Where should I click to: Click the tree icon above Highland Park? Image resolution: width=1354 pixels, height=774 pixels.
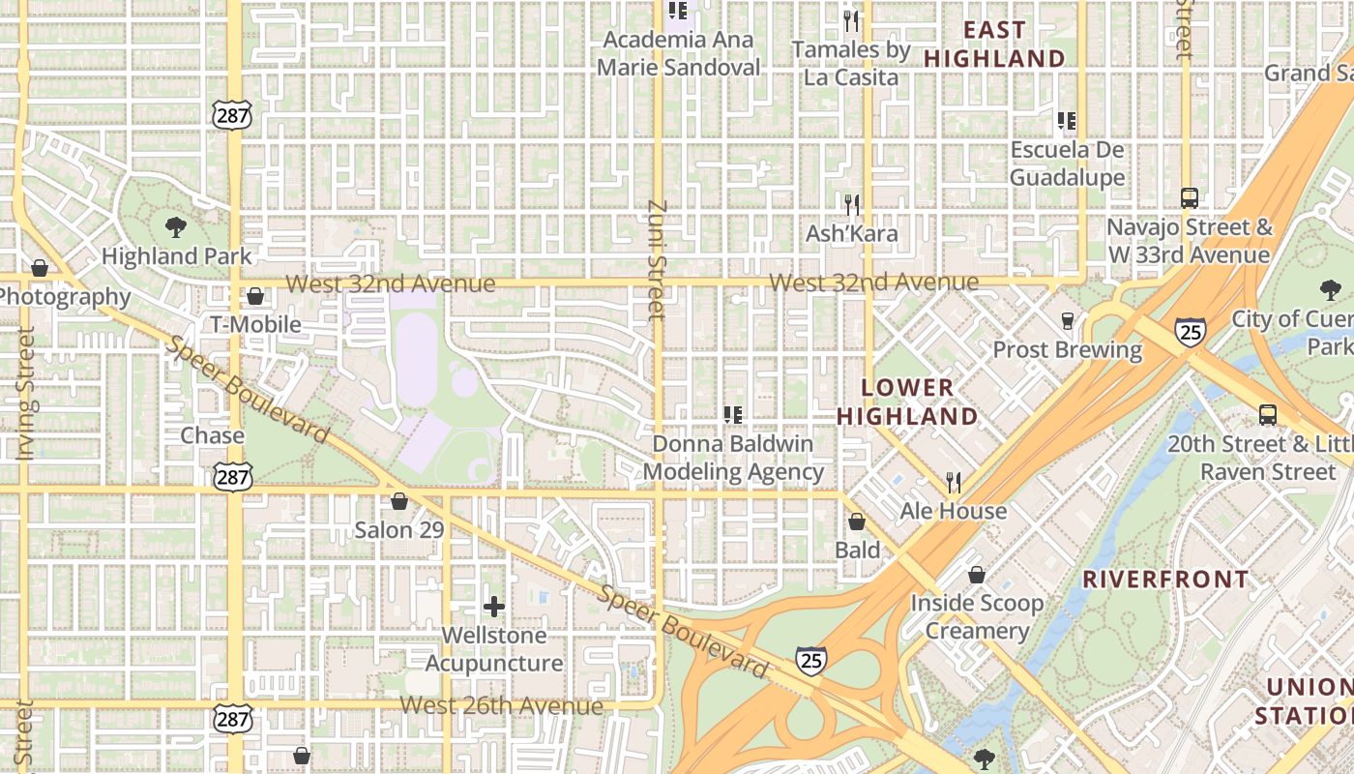pos(176,227)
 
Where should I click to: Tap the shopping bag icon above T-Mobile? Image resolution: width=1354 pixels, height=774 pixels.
pos(255,296)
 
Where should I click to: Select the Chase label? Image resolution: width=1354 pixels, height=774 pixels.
pos(212,435)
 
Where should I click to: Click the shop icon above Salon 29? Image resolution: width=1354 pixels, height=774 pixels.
pos(398,501)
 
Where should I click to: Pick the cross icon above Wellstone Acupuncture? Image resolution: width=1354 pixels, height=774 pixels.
pos(494,607)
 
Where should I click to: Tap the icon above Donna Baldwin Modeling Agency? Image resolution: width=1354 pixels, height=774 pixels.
pos(733,415)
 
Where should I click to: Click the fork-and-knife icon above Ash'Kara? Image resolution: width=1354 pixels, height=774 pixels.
pos(852,204)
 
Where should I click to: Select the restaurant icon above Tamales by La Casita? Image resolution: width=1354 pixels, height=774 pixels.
pos(851,20)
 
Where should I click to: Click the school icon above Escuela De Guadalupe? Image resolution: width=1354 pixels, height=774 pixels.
pos(1067,121)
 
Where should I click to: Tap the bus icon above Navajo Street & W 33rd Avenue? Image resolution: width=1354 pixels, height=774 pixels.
pos(1190,198)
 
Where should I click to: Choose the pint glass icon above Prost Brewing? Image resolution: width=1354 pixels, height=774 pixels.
pos(1068,321)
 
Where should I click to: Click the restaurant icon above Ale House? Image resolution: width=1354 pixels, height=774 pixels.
pos(954,482)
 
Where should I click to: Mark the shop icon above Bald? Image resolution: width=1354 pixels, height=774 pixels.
pos(857,522)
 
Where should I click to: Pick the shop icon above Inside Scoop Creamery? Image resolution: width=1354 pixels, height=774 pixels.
pos(977,575)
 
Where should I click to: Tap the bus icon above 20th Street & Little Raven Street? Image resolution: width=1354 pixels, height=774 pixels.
pos(1267,415)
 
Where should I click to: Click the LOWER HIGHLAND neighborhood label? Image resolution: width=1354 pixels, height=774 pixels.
pos(907,402)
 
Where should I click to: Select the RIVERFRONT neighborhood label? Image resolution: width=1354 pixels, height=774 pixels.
pos(1164,580)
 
